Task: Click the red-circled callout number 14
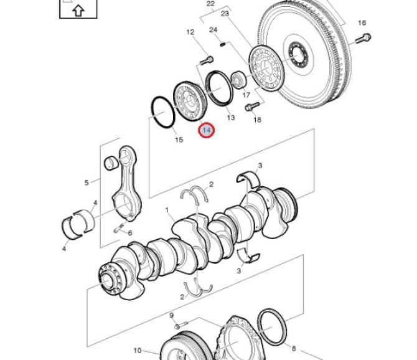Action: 207,130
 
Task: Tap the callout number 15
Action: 179,140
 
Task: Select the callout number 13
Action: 231,117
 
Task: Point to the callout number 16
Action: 362,23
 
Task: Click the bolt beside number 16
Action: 363,39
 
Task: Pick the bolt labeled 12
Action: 206,61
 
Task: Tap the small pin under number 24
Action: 223,44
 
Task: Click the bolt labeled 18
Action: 252,107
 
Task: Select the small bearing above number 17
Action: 238,79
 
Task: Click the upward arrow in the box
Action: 78,11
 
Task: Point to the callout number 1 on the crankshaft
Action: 167,211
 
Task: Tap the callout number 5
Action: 87,182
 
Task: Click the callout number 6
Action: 130,234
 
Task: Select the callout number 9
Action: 172,316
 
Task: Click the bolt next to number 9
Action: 181,325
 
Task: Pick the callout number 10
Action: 137,351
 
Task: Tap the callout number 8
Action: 294,348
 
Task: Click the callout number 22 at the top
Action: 210,4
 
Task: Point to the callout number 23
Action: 225,13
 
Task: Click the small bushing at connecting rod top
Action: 111,163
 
